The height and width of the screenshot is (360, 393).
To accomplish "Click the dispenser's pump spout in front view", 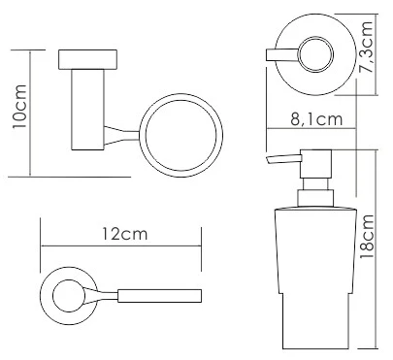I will [x=279, y=161].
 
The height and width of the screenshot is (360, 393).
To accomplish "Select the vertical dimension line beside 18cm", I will [x=378, y=247].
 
